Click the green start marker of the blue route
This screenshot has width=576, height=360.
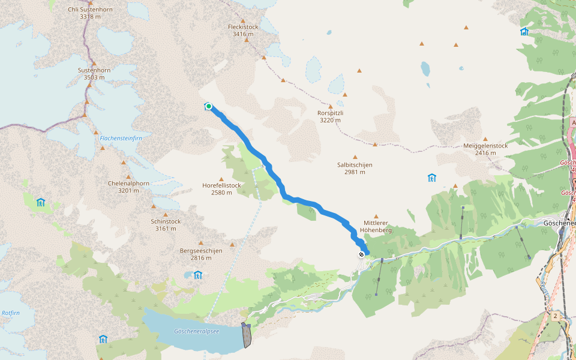tap(209, 106)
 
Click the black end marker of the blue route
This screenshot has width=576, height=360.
tap(361, 254)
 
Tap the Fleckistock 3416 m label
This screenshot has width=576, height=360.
tap(243, 30)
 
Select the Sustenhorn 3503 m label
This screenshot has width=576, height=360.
tap(94, 73)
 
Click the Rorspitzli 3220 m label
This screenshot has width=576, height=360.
tap(330, 116)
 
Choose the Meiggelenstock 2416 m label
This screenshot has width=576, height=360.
tap(485, 149)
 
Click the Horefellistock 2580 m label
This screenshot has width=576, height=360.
tap(221, 189)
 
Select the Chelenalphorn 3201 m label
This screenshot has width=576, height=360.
tap(128, 187)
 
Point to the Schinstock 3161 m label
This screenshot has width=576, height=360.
tap(166, 224)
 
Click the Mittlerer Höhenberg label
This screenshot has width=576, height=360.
tap(377, 226)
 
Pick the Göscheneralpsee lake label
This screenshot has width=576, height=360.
tap(196, 331)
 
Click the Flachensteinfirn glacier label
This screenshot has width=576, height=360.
tap(121, 138)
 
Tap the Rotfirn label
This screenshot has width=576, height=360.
tap(11, 313)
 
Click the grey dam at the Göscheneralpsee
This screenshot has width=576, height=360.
tap(246, 335)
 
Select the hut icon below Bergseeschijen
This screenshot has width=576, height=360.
tap(197, 275)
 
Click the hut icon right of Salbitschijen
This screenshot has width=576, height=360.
tap(431, 178)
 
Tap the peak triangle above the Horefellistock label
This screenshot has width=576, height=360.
tap(221, 179)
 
